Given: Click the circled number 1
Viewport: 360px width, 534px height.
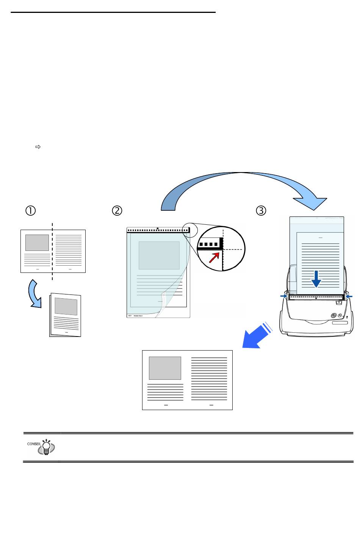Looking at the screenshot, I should [30, 211].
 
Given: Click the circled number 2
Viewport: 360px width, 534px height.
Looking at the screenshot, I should [117, 211].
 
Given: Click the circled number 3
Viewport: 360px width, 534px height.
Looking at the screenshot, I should [261, 211].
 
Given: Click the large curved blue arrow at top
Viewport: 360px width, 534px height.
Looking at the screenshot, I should [243, 186].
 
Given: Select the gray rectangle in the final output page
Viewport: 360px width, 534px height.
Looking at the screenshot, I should [165, 368].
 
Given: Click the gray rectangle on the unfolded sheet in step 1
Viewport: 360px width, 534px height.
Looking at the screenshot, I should [37, 243].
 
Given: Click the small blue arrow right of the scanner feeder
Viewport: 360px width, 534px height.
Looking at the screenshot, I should [349, 296].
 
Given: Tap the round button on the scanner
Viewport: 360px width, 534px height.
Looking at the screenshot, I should [333, 315].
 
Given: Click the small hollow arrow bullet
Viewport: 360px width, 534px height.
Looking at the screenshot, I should [38, 146].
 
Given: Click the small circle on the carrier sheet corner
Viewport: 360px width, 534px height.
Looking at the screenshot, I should [187, 230].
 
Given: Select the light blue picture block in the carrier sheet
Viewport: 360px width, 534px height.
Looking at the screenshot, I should [159, 255].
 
